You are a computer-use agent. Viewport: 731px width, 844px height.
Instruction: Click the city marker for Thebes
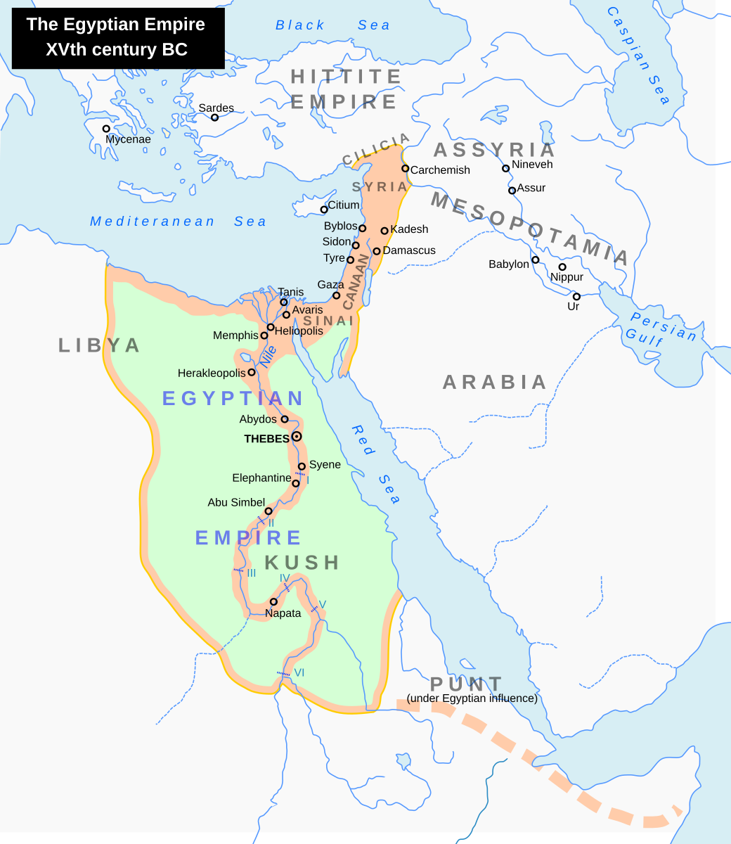297,437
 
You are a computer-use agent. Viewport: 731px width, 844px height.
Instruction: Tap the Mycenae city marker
106,129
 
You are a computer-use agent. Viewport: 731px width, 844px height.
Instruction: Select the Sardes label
216,108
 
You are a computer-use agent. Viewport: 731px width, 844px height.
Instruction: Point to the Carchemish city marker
406,168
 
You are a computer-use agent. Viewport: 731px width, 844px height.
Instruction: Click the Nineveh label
532,165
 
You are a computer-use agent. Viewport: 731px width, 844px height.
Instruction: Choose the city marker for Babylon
535,260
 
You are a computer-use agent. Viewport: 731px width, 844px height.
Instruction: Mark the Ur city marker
576,296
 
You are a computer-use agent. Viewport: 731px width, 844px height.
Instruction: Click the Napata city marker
273,601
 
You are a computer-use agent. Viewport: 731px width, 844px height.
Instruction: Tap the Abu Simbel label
235,502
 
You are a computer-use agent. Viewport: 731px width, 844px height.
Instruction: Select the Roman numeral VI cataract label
299,672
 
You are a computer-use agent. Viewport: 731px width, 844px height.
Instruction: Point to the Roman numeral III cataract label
251,573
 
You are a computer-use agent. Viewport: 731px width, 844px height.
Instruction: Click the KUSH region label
302,563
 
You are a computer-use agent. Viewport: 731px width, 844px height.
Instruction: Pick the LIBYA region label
99,345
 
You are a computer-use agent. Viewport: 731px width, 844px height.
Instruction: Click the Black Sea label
332,25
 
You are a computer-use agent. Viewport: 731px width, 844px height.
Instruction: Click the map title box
117,37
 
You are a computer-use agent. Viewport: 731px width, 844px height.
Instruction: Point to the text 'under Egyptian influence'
472,698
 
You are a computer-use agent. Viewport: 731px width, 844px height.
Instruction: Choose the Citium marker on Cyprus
324,210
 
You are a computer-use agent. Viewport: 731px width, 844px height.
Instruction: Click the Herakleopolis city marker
252,372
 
